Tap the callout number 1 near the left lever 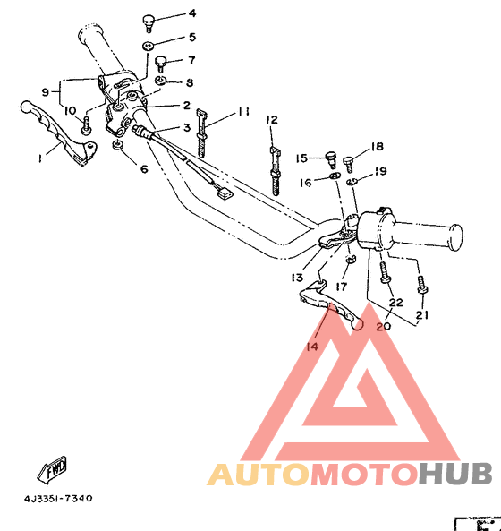click(39, 158)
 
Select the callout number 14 click(311, 347)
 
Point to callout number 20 click(384, 327)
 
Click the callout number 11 click(243, 112)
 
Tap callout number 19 click(380, 171)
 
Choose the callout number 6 click(142, 168)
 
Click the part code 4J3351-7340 click(58, 498)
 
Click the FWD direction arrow click(55, 468)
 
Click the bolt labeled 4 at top click(149, 21)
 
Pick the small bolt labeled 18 click(350, 162)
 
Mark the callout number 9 click(45, 92)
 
